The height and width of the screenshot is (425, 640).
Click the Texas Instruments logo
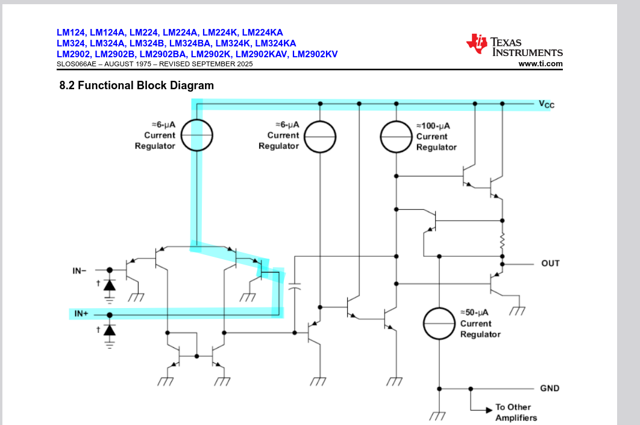tap(514, 45)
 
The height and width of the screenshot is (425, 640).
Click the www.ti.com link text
tap(540, 64)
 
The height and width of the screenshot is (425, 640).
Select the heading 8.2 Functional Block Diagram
tap(136, 86)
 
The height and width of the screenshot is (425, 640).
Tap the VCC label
tap(546, 104)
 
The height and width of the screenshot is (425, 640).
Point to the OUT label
tap(550, 263)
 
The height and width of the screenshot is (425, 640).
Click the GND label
tap(550, 388)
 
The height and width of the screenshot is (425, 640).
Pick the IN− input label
tap(80, 271)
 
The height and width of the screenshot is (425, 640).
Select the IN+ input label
tap(81, 314)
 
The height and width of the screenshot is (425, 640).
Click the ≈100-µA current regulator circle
tap(396, 137)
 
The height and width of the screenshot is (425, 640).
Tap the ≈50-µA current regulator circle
tap(439, 324)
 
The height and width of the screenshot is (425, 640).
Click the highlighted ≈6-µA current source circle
tap(197, 135)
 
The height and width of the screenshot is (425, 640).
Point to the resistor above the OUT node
tap(501, 243)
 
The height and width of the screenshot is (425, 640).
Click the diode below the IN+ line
tap(109, 329)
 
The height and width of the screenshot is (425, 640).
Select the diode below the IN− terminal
tap(109, 284)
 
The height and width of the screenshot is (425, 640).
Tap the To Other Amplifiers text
tap(516, 412)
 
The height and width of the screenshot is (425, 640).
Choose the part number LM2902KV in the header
tap(316, 54)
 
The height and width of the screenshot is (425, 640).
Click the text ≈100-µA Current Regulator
tap(436, 137)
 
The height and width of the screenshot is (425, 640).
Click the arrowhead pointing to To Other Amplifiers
tap(489, 411)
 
